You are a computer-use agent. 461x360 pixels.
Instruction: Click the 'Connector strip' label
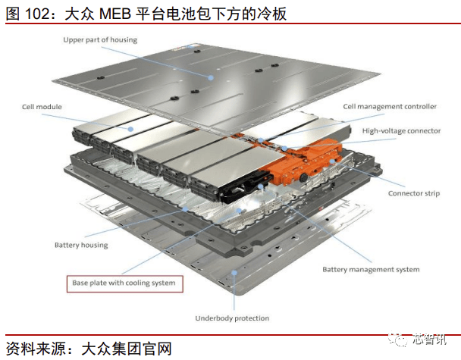point(413,193)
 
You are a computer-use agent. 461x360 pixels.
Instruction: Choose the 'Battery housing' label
point(81,245)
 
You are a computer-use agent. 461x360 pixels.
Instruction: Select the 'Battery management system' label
point(371,269)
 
